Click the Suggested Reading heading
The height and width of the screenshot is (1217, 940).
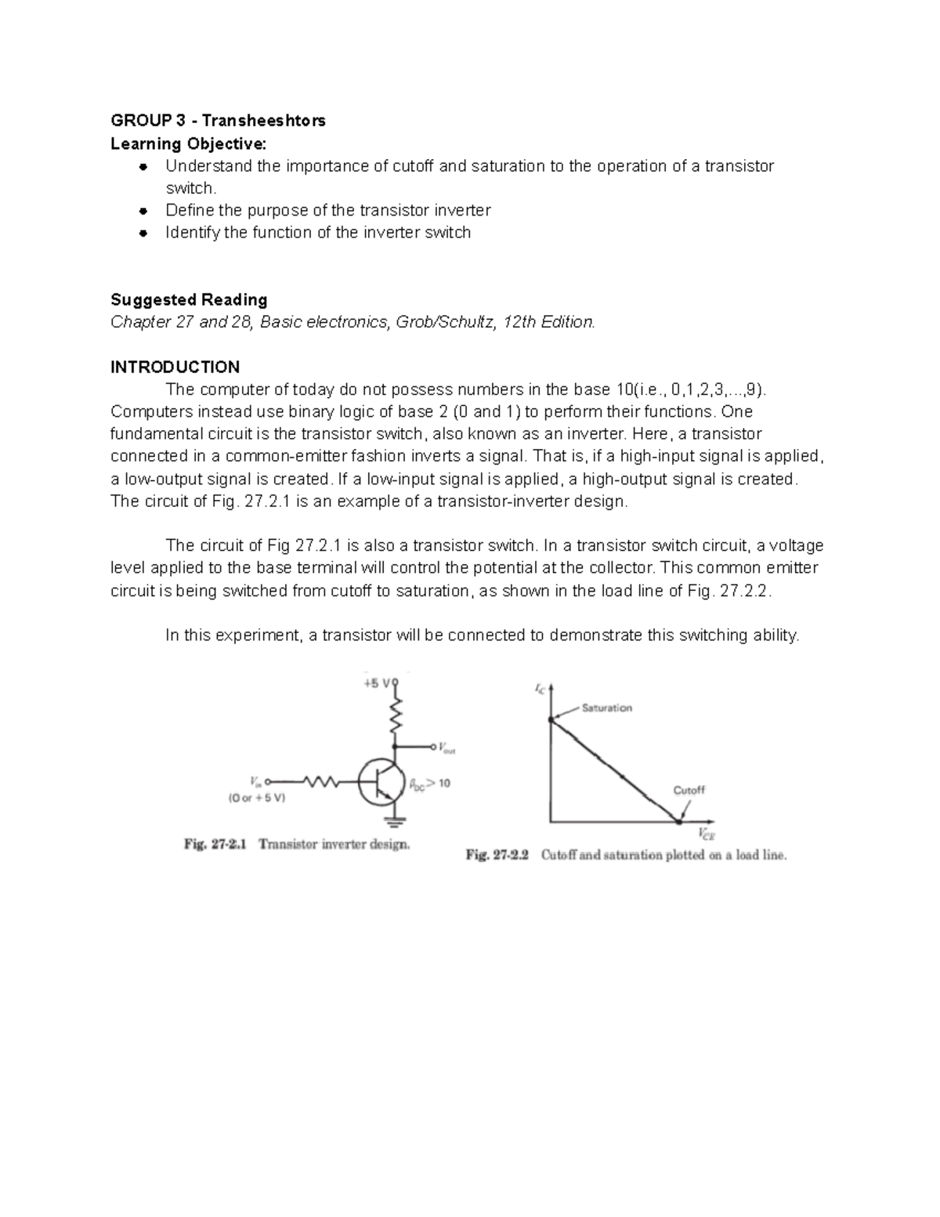(189, 299)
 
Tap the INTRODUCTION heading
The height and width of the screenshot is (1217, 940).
(175, 367)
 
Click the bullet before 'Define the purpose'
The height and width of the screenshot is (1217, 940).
(143, 211)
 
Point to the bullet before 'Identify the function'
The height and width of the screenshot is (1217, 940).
(143, 233)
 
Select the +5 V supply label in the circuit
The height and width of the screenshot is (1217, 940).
(377, 683)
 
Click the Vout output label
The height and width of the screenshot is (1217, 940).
(445, 748)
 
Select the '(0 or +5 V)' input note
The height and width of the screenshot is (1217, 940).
(256, 799)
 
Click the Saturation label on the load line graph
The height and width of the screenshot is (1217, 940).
(606, 708)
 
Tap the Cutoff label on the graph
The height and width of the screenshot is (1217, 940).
(689, 790)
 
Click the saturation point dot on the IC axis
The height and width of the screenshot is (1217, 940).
(551, 719)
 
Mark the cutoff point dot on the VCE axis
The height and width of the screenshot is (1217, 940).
(678, 821)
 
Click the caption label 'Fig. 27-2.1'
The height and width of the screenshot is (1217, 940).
(215, 845)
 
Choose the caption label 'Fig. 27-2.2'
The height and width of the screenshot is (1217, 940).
(497, 855)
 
